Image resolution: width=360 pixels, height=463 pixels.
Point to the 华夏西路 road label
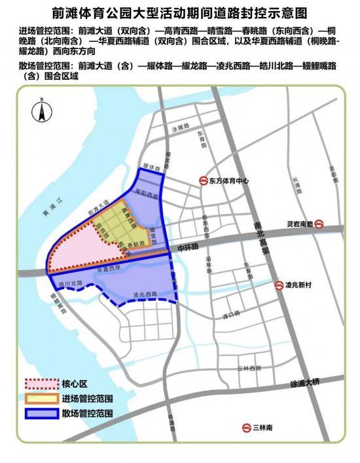[x=109, y=269]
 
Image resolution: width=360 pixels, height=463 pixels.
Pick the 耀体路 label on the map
[x=151, y=168]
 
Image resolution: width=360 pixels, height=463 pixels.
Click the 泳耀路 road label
[x=179, y=129]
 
